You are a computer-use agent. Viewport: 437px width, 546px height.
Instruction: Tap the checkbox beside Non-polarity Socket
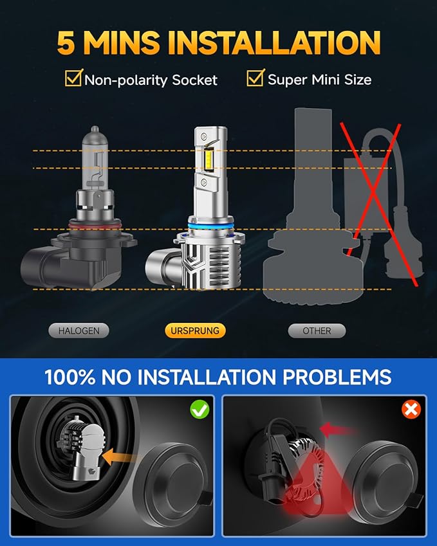tap(73, 79)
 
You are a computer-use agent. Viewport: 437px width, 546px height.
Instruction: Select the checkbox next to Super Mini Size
tap(256, 79)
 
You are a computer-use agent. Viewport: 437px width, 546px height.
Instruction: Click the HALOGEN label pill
tap(79, 331)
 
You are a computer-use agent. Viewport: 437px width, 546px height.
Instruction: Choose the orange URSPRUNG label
tap(195, 331)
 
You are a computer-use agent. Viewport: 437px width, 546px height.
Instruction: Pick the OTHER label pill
tap(316, 331)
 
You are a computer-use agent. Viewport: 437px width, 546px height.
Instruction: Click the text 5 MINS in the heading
tap(107, 42)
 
